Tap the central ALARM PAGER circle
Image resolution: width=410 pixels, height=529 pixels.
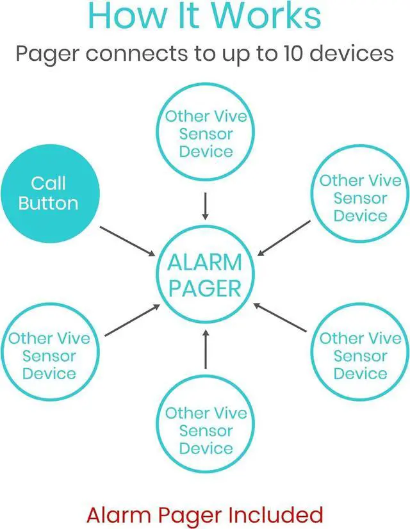(205, 275)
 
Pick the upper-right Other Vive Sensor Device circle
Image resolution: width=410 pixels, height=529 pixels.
(359, 198)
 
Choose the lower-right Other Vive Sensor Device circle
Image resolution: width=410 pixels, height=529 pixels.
(359, 355)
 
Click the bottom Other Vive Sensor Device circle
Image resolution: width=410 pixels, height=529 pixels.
(205, 430)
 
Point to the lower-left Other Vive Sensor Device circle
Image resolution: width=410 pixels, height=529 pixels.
(49, 355)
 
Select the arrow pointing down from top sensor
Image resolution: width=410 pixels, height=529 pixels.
(205, 205)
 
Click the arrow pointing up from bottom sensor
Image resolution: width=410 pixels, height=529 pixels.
(205, 349)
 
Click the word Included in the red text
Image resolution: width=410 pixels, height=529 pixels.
(276, 514)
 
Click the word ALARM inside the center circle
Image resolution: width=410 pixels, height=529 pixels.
(205, 263)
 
